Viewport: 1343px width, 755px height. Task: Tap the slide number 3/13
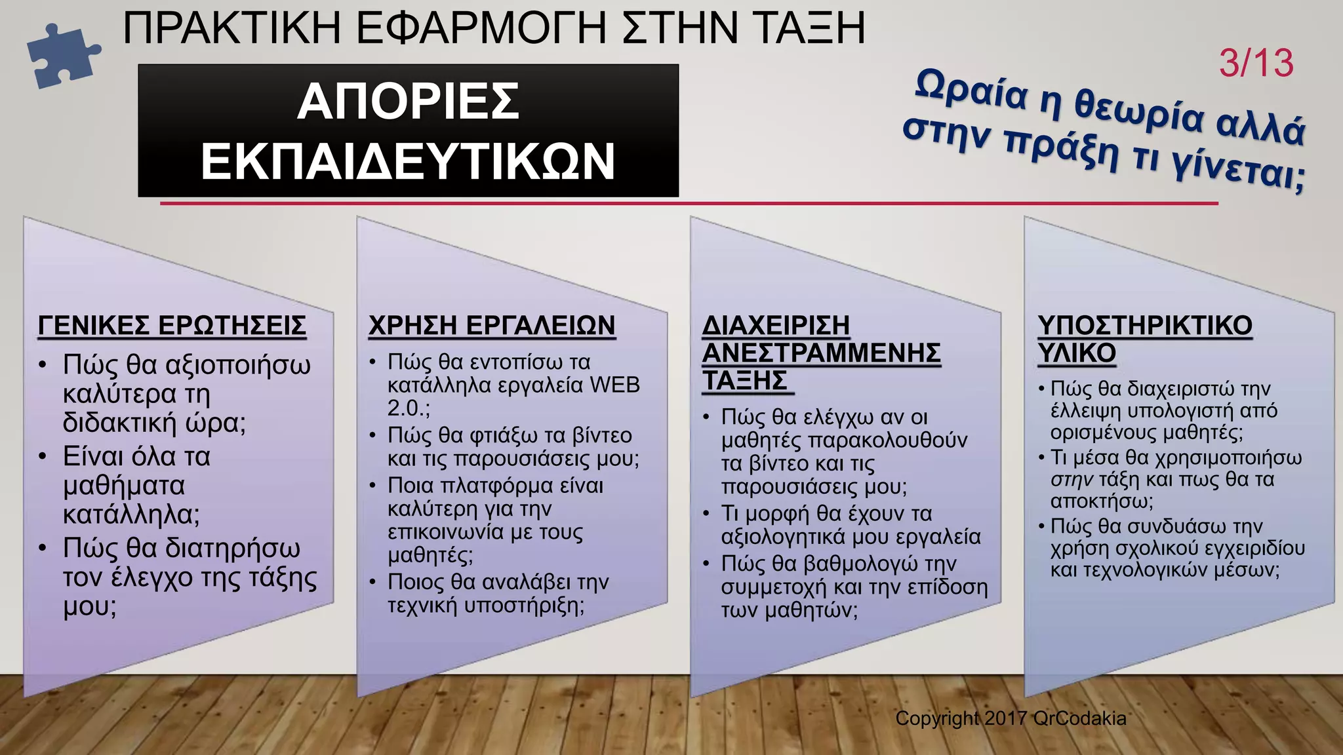coord(1256,64)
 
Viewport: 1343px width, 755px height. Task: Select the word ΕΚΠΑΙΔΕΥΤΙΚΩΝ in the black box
coord(408,162)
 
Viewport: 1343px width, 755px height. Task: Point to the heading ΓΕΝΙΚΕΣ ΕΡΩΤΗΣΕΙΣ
coord(172,326)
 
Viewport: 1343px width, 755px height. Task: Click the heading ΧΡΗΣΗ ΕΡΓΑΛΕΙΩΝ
coord(492,326)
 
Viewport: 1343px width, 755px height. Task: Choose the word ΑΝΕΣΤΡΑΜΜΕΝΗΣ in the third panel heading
coord(822,353)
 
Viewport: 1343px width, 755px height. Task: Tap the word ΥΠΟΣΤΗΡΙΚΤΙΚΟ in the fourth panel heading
coord(1145,326)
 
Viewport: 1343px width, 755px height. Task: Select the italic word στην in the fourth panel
coord(1072,480)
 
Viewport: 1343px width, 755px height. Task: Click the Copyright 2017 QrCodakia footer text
coord(1011,718)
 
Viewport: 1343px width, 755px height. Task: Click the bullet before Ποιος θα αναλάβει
coord(372,582)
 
